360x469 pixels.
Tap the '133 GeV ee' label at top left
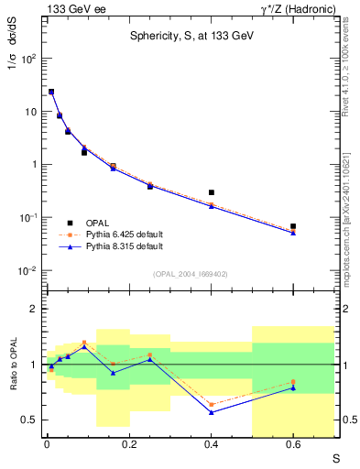point(71,8)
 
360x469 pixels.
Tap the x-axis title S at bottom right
point(336,457)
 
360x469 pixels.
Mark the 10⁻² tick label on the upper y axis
point(28,271)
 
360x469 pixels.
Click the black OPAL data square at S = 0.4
point(212,192)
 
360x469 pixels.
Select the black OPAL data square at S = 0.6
point(293,225)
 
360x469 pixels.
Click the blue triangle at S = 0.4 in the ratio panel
point(212,412)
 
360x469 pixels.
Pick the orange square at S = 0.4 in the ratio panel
point(212,404)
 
